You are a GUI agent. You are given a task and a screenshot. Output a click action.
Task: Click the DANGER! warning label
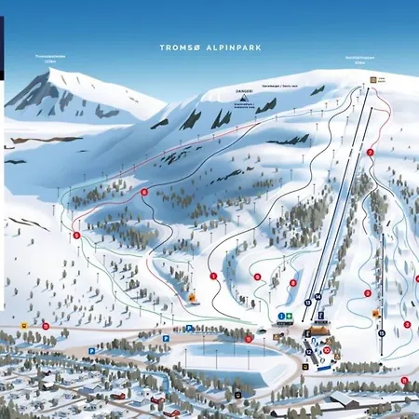[x=244, y=90]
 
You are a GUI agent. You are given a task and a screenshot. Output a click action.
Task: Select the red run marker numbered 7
[x=370, y=152]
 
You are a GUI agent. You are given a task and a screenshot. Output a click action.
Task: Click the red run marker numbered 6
[x=144, y=192]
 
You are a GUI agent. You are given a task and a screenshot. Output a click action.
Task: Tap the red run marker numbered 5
[x=75, y=235]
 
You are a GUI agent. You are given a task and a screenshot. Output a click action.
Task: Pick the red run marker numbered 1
[x=213, y=276]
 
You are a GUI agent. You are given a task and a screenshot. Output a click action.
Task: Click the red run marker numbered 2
[x=367, y=293]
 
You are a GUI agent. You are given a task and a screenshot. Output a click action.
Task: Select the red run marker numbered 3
[x=407, y=324]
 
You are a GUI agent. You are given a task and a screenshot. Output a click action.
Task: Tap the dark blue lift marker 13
[x=307, y=303]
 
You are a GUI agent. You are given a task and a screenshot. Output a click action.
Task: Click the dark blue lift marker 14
[x=318, y=296]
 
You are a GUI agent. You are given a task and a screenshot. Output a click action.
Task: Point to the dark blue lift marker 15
[x=381, y=332]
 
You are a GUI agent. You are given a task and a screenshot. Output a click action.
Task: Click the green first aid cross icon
[x=290, y=318]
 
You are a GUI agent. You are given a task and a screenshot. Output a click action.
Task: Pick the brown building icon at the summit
[x=372, y=81]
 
